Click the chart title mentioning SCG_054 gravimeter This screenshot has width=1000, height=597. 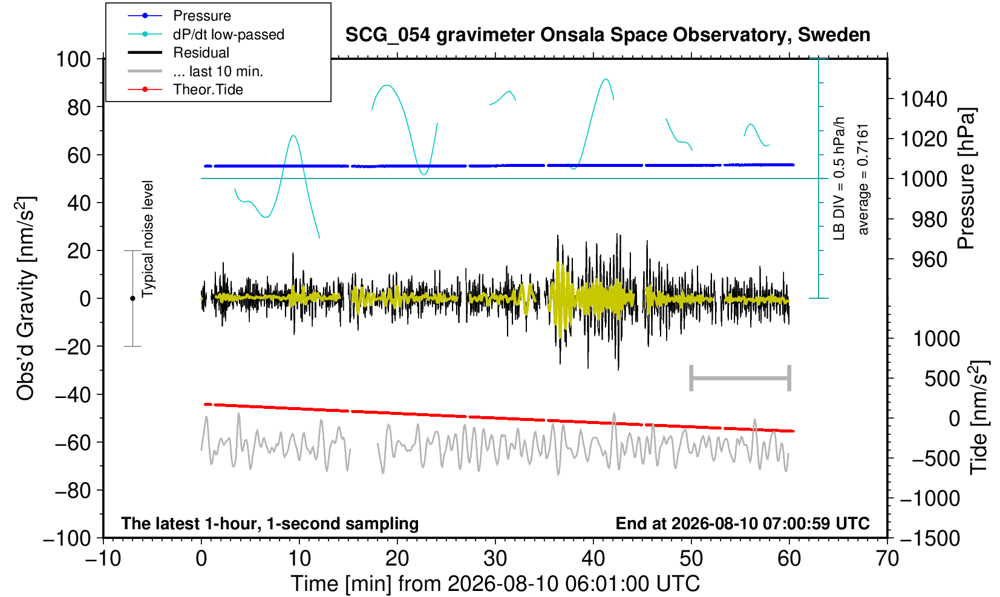pyautogui.click(x=607, y=35)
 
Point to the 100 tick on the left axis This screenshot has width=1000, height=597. pyautogui.click(x=73, y=59)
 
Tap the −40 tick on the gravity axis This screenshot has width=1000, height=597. pyautogui.click(x=73, y=395)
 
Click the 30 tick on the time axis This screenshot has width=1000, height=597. pyautogui.click(x=495, y=558)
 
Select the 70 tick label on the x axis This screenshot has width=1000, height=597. pyautogui.click(x=887, y=558)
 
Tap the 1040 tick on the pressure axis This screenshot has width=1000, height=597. pyautogui.click(x=924, y=99)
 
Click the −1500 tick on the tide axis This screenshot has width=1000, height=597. pyautogui.click(x=929, y=538)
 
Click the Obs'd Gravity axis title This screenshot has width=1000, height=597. pyautogui.click(x=26, y=298)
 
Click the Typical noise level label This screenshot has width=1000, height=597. pyautogui.click(x=148, y=240)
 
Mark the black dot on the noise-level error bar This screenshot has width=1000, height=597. pyautogui.click(x=132, y=298)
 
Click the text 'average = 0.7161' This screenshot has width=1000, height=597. pyautogui.click(x=863, y=180)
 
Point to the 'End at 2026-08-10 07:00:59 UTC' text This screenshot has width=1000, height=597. pyautogui.click(x=742, y=523)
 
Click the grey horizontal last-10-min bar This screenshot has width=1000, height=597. pyautogui.click(x=740, y=378)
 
